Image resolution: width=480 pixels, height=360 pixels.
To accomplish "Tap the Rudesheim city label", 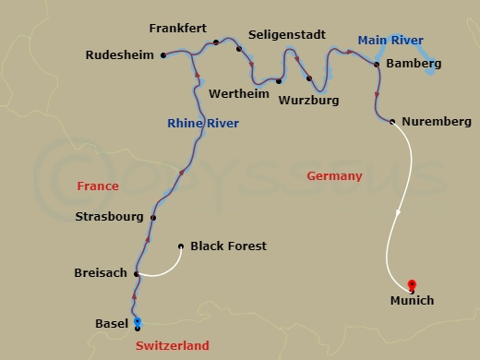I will pyautogui.click(x=119, y=55).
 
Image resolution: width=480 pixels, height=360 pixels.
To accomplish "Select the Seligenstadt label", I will pyautogui.click(x=288, y=35).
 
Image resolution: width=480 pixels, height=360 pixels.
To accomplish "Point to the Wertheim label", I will pyautogui.click(x=232, y=94).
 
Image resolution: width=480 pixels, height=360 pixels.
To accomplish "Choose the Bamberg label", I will pyautogui.click(x=414, y=64).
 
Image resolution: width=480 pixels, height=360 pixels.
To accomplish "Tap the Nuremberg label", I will pyautogui.click(x=437, y=122).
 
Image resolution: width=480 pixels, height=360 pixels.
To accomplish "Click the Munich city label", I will pyautogui.click(x=411, y=301).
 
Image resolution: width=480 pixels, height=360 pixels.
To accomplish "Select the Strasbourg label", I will pyautogui.click(x=109, y=218).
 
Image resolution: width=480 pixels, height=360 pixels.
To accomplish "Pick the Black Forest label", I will pyautogui.click(x=228, y=246).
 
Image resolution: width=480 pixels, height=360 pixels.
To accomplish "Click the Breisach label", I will pyautogui.click(x=101, y=273).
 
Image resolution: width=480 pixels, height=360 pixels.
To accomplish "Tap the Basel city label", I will pyautogui.click(x=112, y=323).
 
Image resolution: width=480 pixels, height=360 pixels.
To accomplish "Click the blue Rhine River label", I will pyautogui.click(x=203, y=124).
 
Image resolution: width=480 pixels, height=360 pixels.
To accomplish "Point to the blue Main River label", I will pyautogui.click(x=389, y=40).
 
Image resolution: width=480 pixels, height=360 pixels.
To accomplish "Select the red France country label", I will pyautogui.click(x=98, y=186).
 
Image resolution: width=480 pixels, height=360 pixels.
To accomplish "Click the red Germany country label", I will pyautogui.click(x=334, y=176).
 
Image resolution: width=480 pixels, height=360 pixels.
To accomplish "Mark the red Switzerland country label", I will pyautogui.click(x=173, y=345).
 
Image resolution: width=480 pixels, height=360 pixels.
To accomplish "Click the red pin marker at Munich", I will pyautogui.click(x=412, y=285).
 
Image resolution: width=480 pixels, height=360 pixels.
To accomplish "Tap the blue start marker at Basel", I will pyautogui.click(x=138, y=321).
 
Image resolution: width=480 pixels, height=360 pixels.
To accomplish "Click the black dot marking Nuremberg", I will pyautogui.click(x=393, y=121).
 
